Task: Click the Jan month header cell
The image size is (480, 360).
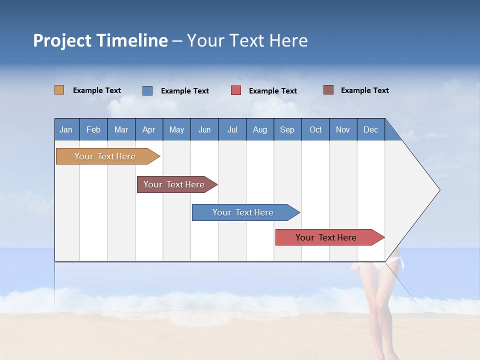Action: [x=66, y=129]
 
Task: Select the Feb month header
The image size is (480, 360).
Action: [x=93, y=129]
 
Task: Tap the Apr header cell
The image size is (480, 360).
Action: [x=149, y=129]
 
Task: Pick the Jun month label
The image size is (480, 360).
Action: [x=204, y=129]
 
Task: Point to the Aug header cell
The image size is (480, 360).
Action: [x=260, y=129]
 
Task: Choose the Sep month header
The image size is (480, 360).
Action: [x=287, y=129]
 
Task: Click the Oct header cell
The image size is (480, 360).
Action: [x=315, y=129]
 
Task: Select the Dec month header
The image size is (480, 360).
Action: [x=371, y=129]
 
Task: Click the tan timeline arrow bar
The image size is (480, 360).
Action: [x=105, y=156]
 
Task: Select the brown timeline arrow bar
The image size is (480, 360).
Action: [x=174, y=184]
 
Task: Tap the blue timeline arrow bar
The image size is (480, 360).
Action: [x=243, y=212]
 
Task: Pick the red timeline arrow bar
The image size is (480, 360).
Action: [x=326, y=237]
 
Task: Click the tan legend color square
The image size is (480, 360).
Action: [x=59, y=90]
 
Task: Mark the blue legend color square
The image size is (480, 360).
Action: [x=147, y=90]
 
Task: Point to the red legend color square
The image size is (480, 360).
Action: [x=236, y=90]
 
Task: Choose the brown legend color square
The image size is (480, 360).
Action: [x=328, y=90]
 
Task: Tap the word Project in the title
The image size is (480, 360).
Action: [x=61, y=40]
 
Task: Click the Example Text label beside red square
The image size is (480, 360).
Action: [x=273, y=91]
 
